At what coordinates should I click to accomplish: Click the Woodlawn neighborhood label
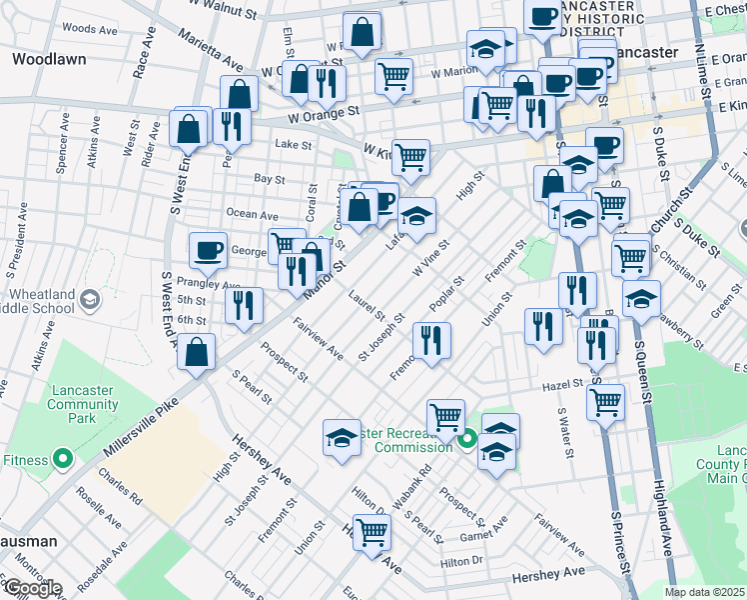click(x=49, y=59)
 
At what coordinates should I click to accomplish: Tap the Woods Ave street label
click(x=83, y=28)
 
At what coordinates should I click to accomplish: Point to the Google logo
click(x=32, y=588)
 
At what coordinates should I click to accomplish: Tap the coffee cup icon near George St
click(x=208, y=250)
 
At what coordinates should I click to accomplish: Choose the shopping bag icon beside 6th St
click(x=199, y=352)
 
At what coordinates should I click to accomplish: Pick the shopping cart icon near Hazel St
click(x=605, y=402)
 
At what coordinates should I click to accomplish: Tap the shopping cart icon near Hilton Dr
click(x=372, y=533)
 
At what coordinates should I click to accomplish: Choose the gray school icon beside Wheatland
click(x=90, y=299)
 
